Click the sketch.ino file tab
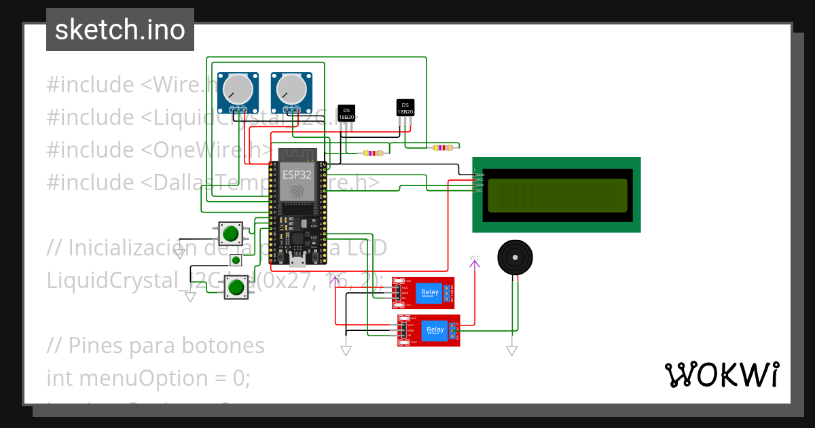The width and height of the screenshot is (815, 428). tap(120, 30)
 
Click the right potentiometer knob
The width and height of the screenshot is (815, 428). tap(291, 90)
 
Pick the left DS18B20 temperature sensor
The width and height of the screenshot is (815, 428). tap(346, 113)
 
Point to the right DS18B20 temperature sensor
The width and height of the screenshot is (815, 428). tap(405, 108)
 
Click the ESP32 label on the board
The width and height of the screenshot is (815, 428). tap(297, 175)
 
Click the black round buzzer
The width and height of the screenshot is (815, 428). tap(515, 257)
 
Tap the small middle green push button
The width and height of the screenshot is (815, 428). tap(236, 260)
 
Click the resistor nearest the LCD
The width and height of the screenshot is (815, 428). tap(443, 147)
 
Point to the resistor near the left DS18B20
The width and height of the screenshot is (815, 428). tap(374, 153)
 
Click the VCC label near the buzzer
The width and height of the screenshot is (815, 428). tap(474, 257)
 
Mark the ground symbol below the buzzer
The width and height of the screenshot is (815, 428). tap(511, 351)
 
